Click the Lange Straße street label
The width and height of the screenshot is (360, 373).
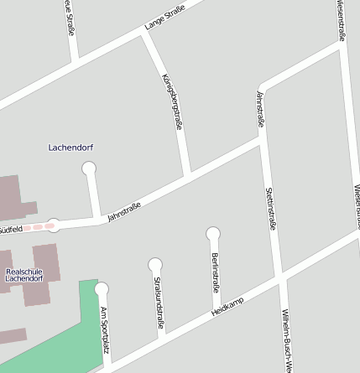coord(164,17)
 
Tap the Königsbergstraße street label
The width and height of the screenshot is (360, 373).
coord(171,102)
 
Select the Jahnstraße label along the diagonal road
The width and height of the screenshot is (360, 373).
coord(124,212)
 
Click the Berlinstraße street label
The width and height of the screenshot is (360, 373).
coord(216,271)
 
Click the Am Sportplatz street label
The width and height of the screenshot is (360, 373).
coord(105,329)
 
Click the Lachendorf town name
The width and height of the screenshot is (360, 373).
coord(70,148)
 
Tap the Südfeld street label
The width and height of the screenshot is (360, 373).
coord(10,228)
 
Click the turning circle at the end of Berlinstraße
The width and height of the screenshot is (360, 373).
coord(213,233)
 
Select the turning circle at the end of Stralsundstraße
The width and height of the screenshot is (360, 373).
coord(154,264)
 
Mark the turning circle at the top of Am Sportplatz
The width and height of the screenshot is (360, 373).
coord(102,289)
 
